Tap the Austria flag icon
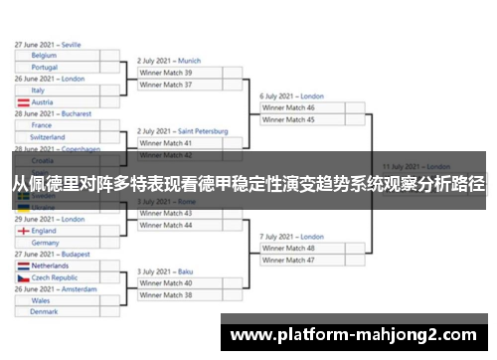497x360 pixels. pos(22,102)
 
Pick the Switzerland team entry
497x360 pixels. pos(49,137)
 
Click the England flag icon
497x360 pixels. pos(22,231)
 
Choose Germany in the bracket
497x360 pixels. pos(45,242)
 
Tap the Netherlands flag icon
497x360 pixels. pos(22,267)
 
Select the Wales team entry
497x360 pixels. pos(41,300)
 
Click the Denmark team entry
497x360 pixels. pos(44,311)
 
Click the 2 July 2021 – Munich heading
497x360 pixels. pos(169,61)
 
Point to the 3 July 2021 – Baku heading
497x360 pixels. pos(165,270)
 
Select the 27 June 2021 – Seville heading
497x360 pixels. pos(49,45)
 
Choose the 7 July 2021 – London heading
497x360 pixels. pos(292,237)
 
